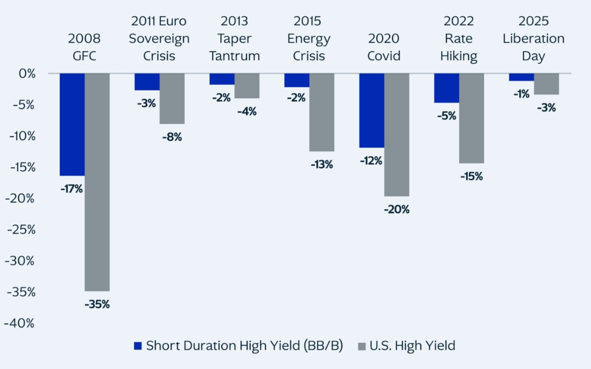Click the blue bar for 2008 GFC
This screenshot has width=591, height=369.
tap(72, 124)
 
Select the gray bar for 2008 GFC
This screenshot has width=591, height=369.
tap(97, 182)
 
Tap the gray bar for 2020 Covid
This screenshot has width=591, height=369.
tap(396, 134)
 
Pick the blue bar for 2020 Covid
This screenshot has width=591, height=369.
tap(371, 110)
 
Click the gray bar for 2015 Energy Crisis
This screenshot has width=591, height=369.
tap(322, 112)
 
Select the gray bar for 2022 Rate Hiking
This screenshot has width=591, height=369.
tap(472, 118)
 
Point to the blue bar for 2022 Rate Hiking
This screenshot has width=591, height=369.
tap(447, 88)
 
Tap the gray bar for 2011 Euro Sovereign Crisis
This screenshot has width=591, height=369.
tap(172, 99)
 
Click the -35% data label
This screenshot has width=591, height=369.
tap(97, 305)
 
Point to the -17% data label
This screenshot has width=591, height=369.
tap(71, 189)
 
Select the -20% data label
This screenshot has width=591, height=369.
tap(396, 209)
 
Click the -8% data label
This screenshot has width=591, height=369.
tap(172, 137)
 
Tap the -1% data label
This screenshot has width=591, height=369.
tap(521, 94)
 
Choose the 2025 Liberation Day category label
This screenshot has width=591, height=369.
tap(533, 39)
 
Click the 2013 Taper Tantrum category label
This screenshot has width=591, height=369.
tap(234, 39)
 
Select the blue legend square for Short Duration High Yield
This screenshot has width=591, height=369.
tap(137, 346)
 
